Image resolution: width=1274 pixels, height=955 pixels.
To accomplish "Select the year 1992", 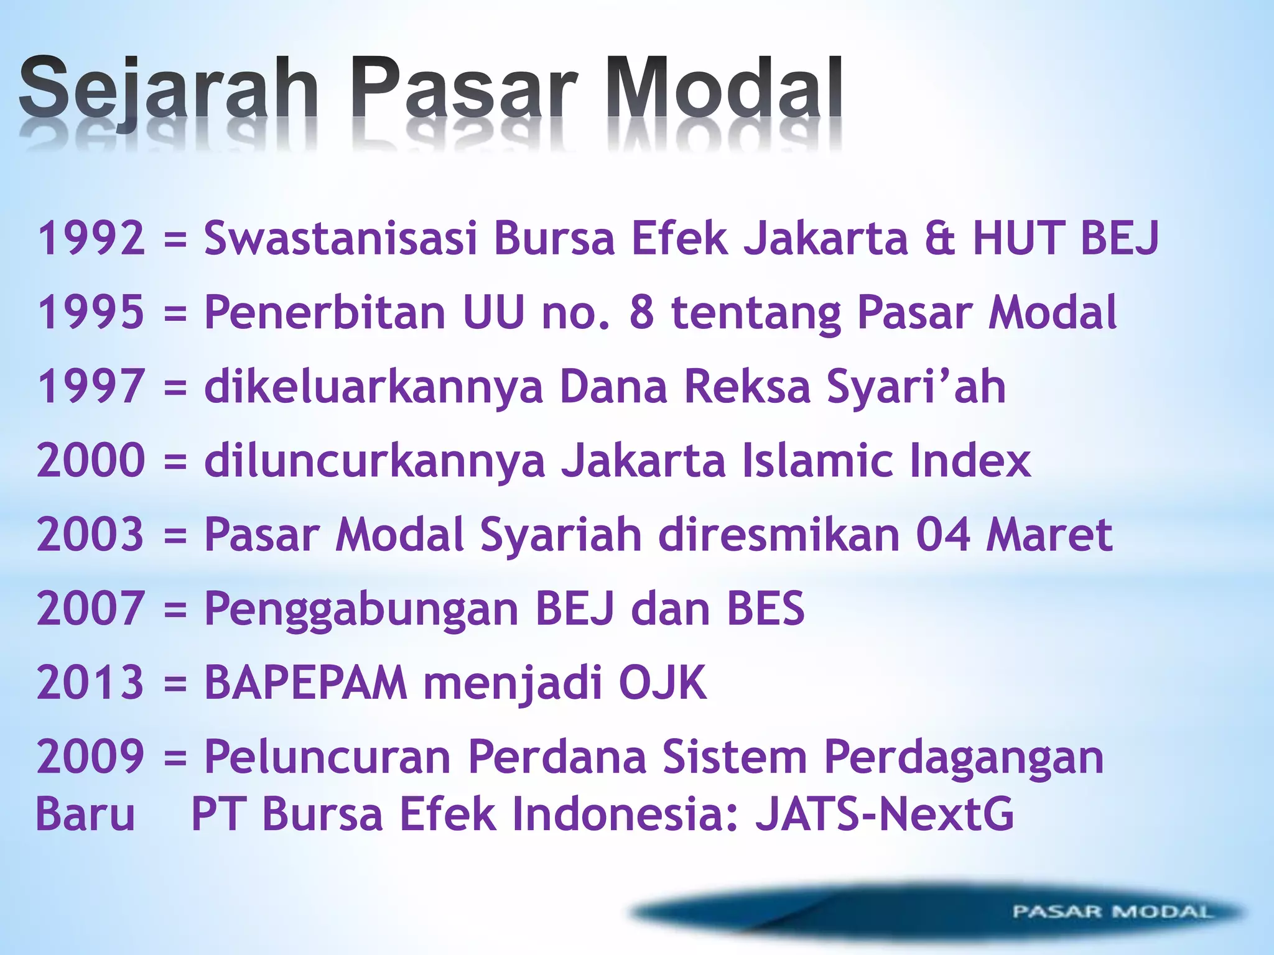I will point(91,238).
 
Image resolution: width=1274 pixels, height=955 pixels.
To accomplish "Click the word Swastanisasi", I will point(340,238).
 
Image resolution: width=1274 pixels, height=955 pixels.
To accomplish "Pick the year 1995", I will point(91,312).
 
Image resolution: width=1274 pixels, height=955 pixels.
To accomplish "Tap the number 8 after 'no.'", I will point(642,312).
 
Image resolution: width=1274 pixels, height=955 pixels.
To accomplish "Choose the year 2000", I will point(91,461).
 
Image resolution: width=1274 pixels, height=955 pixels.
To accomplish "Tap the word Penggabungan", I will point(361,609).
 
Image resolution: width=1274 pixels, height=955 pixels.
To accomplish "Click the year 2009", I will point(91,757).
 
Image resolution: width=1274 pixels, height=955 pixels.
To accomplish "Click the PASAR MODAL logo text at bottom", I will point(1112,912).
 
